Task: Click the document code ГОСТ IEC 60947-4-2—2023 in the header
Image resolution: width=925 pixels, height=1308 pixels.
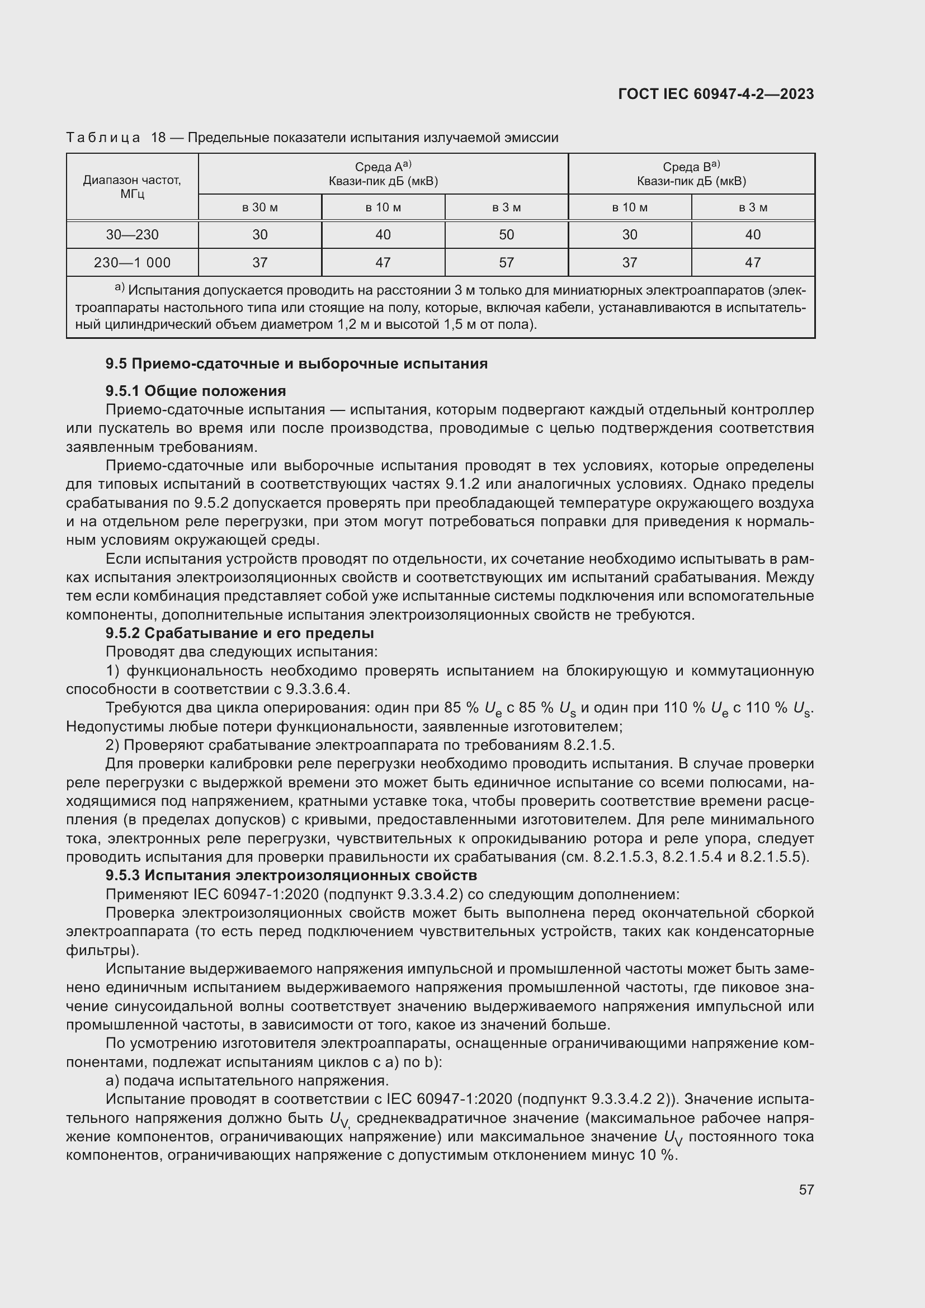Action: pos(716,94)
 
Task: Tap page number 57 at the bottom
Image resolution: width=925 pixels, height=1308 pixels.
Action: pos(806,1189)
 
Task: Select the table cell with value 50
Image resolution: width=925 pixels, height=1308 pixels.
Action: pos(506,235)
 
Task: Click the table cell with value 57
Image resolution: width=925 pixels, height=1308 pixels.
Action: pos(506,263)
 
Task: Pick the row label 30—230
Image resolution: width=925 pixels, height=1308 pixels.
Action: pos(132,235)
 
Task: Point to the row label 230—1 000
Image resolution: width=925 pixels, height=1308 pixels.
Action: pos(132,263)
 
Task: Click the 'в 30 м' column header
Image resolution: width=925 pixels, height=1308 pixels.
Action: pos(259,207)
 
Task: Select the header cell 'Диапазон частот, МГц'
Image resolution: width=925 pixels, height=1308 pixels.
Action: pos(132,187)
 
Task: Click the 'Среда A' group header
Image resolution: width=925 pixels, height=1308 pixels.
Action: pos(383,174)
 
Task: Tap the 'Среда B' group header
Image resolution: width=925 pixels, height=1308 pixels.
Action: pos(691,174)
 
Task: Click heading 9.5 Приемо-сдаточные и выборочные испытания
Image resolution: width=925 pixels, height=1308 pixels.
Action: pos(296,363)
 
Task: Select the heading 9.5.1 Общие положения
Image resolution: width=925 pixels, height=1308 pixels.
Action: pos(195,391)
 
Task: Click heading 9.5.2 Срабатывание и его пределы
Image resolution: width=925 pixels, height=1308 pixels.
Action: pos(239,633)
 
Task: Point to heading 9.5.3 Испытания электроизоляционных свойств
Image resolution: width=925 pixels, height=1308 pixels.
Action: pos(291,875)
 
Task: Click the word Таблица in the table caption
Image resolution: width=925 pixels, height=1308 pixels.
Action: pos(103,138)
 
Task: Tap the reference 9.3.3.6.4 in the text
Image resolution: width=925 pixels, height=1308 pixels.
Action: pos(317,690)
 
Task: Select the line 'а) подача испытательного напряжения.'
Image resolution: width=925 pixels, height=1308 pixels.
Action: pos(247,1081)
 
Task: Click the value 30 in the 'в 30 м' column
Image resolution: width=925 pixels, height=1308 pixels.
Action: pos(259,235)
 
